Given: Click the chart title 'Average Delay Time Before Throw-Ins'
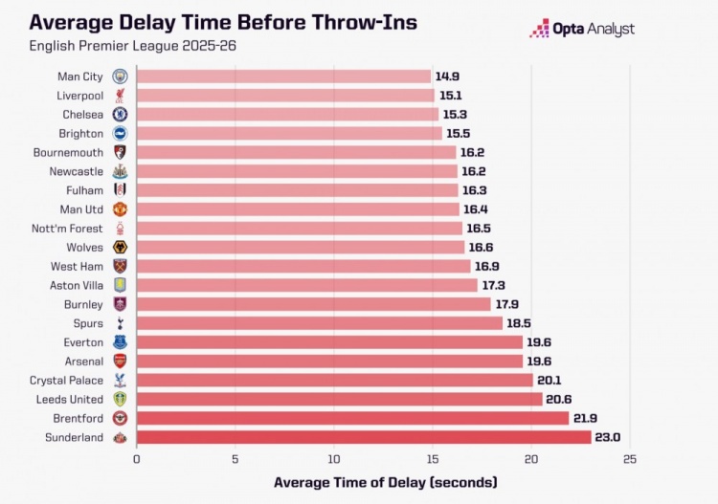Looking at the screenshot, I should click(223, 21).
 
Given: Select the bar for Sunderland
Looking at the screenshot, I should click(364, 437).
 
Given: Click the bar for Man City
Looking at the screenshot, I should click(283, 77).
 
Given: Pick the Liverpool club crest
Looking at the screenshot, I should click(120, 96).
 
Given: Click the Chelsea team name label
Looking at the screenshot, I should click(82, 115).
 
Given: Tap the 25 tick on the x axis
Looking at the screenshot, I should click(629, 460).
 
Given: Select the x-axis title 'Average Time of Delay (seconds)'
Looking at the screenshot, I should click(385, 482).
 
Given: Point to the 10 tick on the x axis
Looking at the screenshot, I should click(334, 460).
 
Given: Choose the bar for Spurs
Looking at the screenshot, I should click(320, 323).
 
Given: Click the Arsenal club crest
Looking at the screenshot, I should click(120, 361).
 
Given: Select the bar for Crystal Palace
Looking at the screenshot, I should click(335, 380).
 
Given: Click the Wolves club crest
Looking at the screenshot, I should click(120, 247).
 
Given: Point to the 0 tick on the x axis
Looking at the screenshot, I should click(137, 460).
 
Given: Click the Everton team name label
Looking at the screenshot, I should click(82, 341).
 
